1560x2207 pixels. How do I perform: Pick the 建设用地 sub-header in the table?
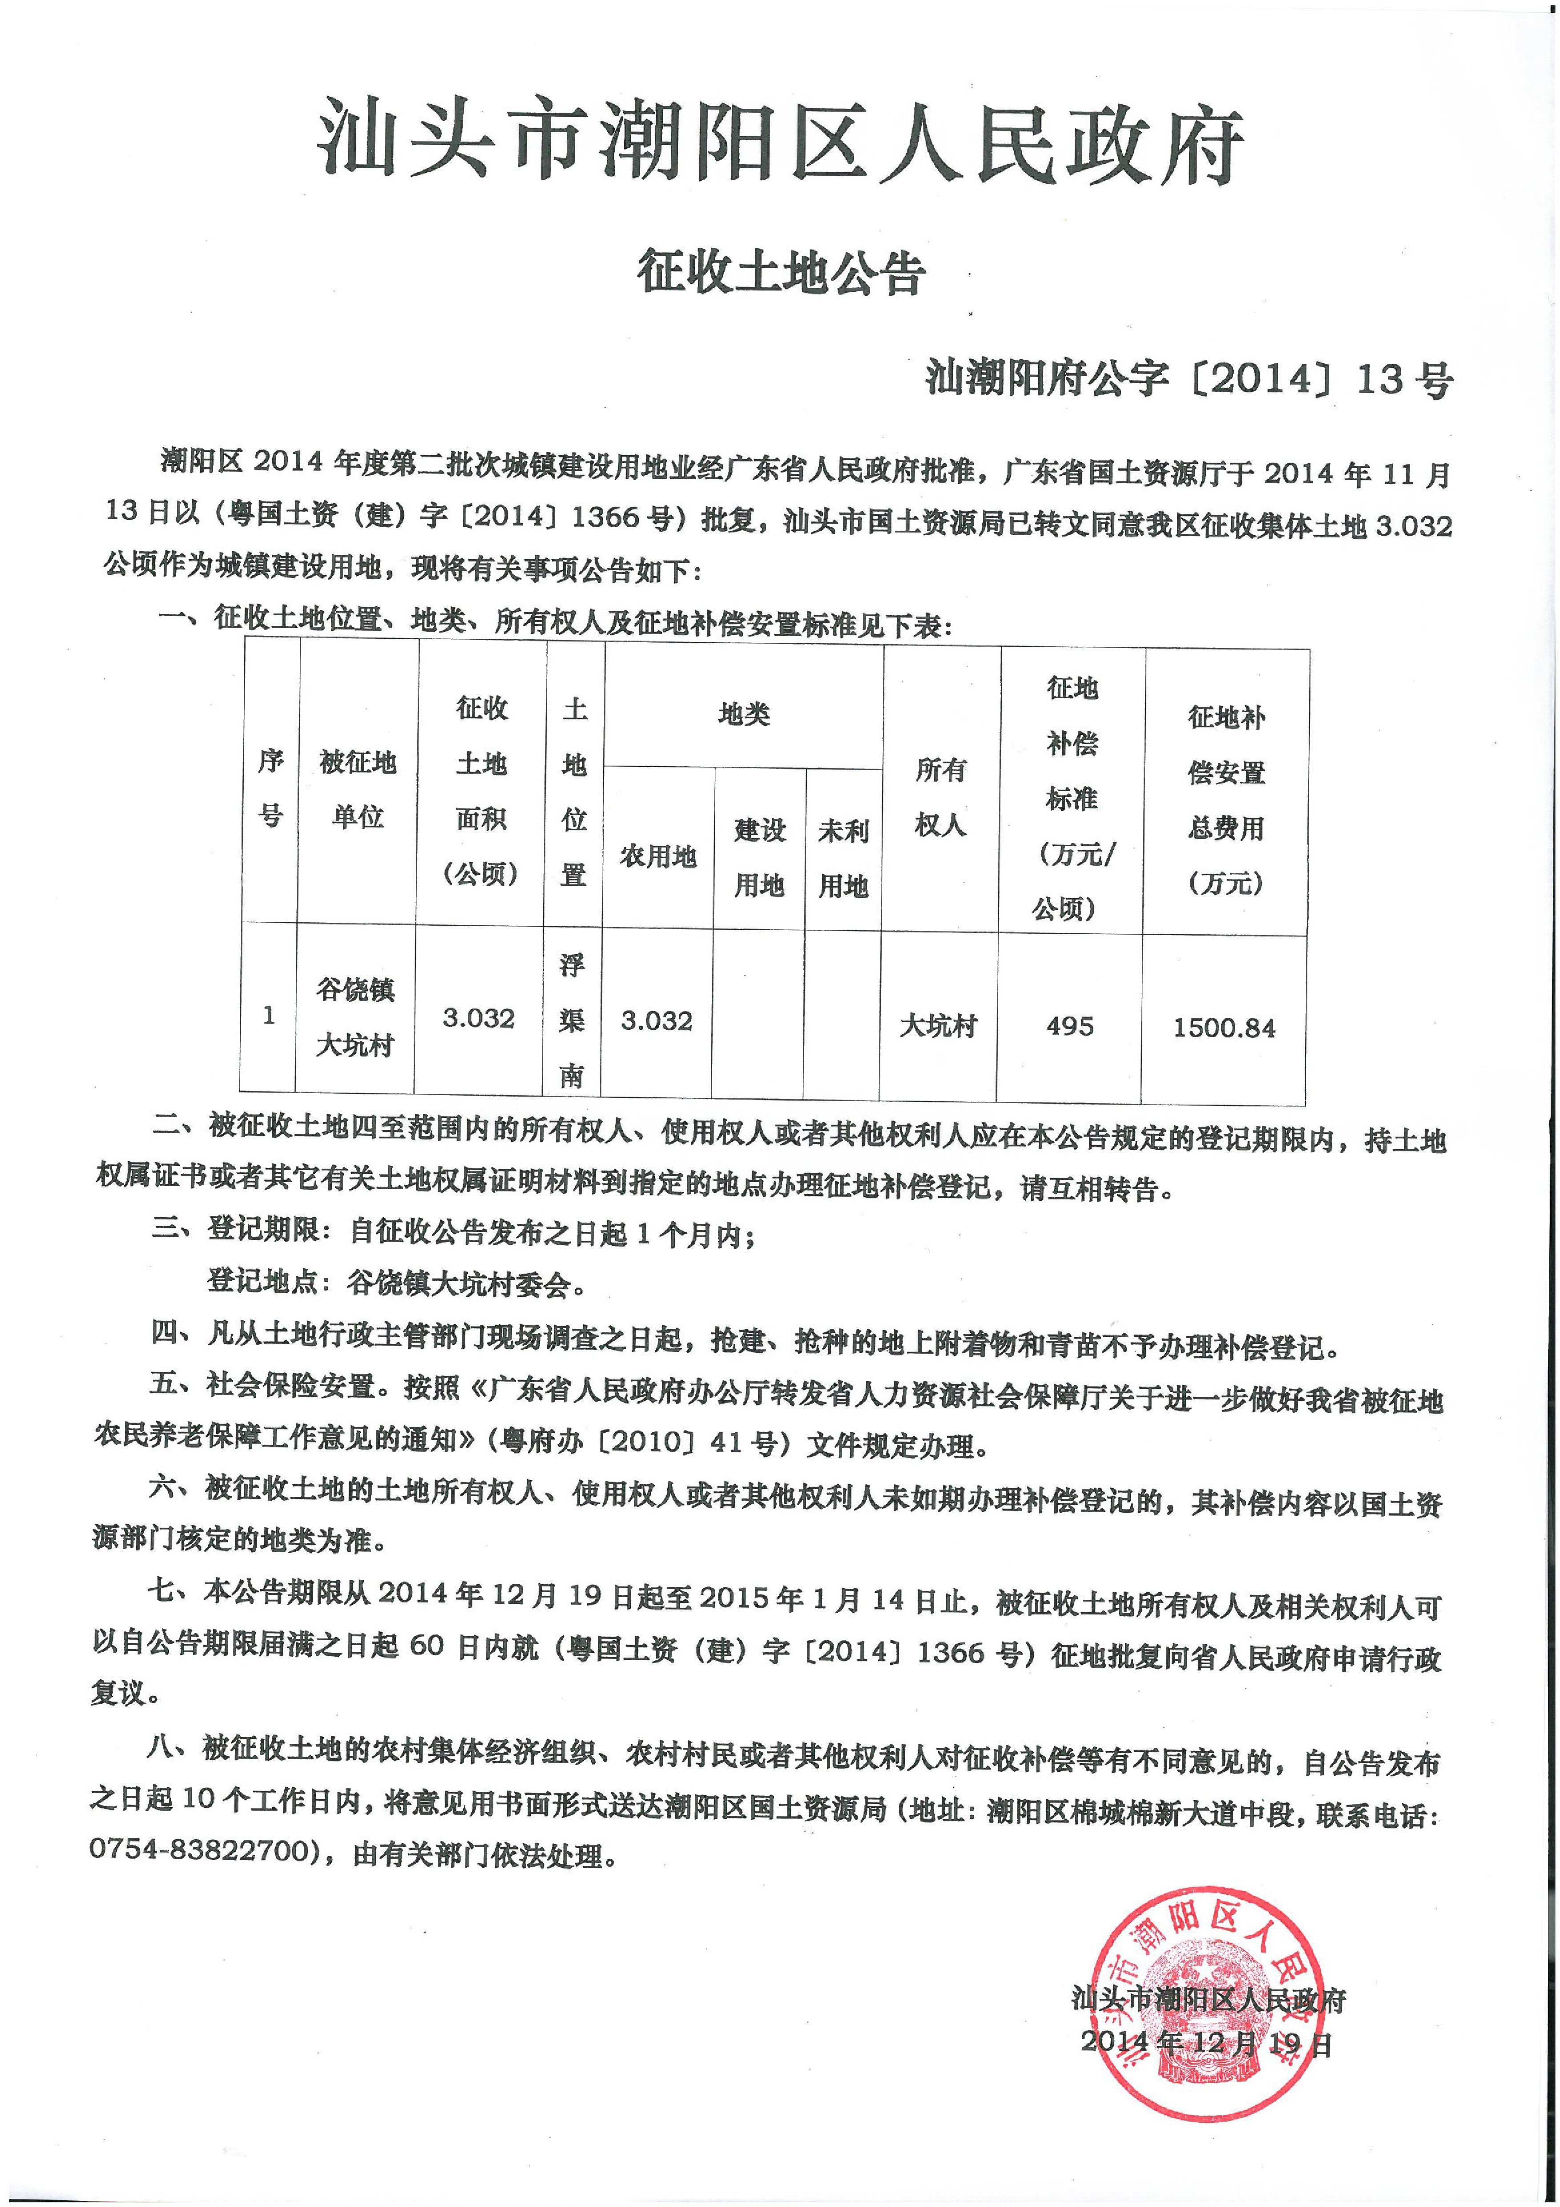pos(759,857)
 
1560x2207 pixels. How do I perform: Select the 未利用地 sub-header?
pos(843,857)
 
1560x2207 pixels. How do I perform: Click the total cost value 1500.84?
pos(1224,1028)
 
